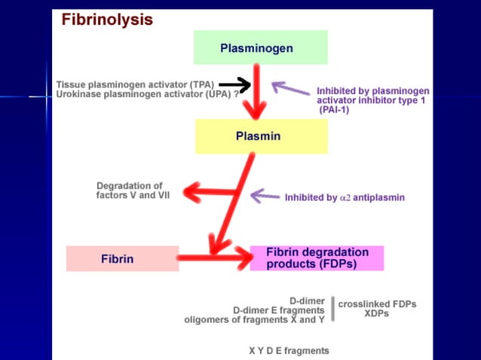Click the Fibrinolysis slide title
(107, 20)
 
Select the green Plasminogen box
(261, 48)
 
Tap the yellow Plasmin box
(261, 136)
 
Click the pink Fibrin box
(122, 258)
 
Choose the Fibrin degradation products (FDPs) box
(317, 258)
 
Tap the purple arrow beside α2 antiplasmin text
(265, 197)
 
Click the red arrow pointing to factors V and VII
(208, 194)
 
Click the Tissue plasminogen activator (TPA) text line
(135, 84)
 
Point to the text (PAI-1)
(334, 109)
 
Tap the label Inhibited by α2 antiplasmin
(345, 198)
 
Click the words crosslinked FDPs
(377, 304)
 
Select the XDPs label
(376, 314)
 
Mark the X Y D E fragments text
(289, 350)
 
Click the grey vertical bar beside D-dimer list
(332, 309)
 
